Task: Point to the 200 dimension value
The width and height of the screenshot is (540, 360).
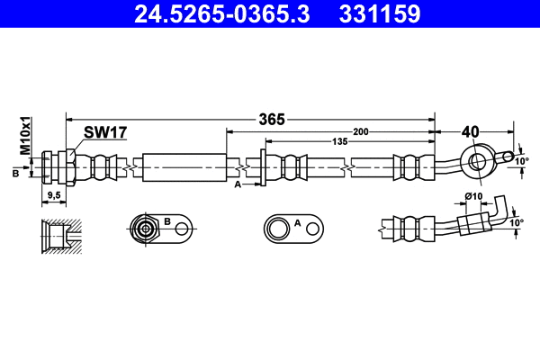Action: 361,132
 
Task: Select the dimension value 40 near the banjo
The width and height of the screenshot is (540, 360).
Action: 469,131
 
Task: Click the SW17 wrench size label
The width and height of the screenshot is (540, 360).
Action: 105,132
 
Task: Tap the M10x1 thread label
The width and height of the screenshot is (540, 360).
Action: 27,133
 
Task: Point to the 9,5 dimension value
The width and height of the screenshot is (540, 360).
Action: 53,194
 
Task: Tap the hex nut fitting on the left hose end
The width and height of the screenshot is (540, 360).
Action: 64,166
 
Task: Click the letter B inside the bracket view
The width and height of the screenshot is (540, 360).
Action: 166,220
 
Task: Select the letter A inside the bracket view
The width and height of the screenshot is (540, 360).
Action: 298,220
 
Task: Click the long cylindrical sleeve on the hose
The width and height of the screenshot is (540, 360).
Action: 184,166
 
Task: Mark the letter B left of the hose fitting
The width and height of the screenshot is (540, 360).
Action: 15,172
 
